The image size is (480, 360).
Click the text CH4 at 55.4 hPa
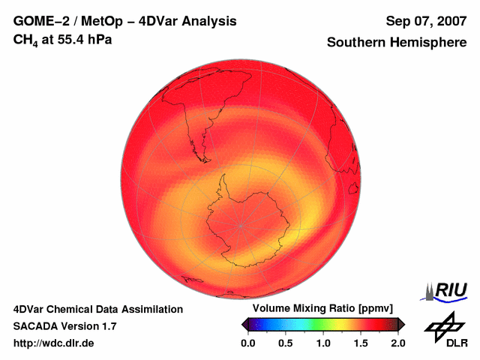(x=62, y=40)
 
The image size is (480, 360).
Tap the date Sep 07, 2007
(x=426, y=21)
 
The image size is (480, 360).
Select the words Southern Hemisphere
(x=397, y=43)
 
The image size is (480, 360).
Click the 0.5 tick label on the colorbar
(x=285, y=343)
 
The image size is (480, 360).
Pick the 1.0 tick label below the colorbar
(x=322, y=343)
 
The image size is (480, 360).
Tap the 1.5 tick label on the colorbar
(x=360, y=343)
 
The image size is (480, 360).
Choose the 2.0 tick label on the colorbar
(x=397, y=343)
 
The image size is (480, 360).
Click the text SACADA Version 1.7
(x=64, y=326)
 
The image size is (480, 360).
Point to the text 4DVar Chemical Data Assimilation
(x=97, y=309)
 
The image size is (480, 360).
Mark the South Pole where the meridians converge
(x=241, y=225)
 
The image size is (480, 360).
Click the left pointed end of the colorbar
(x=243, y=324)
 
